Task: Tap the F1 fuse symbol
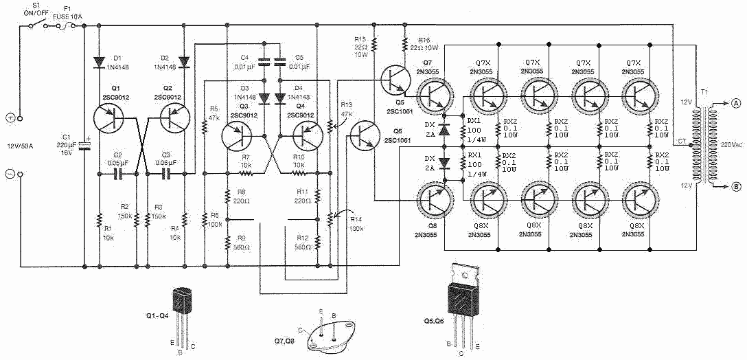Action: click(x=68, y=27)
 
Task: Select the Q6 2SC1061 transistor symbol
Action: click(x=363, y=137)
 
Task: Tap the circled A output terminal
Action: click(x=735, y=105)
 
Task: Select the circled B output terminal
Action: click(x=735, y=185)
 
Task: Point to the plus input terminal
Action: click(x=11, y=117)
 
